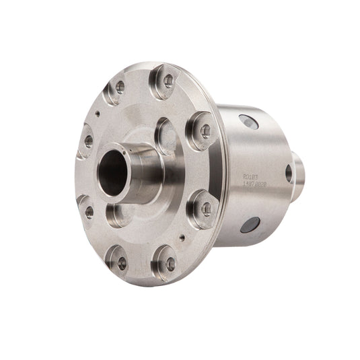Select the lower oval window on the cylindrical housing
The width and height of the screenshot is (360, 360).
(x=250, y=224)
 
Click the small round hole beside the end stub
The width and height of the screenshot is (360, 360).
(x=289, y=173)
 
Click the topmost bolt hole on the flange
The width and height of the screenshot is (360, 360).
(x=168, y=80)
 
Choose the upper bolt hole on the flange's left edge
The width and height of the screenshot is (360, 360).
(x=88, y=141)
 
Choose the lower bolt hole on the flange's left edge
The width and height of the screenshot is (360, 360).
(x=89, y=211)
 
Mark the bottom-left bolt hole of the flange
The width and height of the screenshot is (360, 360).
(x=122, y=263)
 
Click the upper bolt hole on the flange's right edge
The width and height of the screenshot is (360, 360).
(x=205, y=131)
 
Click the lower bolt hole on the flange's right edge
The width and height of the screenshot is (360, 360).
(x=206, y=209)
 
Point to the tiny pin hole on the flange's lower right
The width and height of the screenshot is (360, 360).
(x=182, y=236)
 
